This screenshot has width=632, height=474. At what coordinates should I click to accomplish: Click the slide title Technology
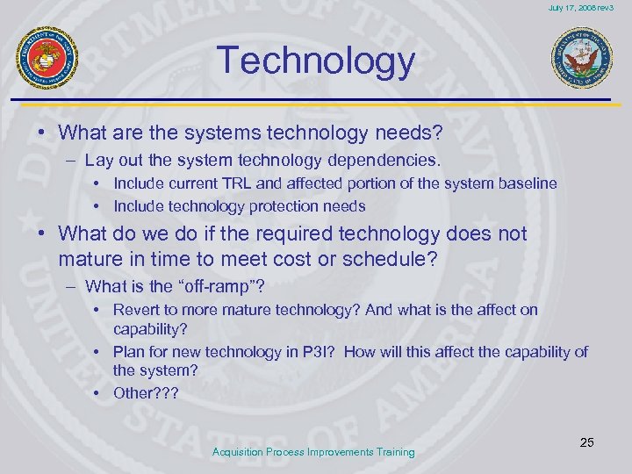pos(316,61)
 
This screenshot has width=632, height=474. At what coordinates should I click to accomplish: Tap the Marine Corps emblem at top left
pos(47,57)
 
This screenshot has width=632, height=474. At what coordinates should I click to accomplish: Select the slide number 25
pos(586,442)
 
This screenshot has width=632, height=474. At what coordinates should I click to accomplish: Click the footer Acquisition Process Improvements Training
pos(313,452)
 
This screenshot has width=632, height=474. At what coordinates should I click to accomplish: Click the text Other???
pos(145,392)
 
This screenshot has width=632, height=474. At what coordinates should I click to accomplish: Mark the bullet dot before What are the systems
pos(42,133)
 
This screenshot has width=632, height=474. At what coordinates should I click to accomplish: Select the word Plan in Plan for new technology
pos(128,352)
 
